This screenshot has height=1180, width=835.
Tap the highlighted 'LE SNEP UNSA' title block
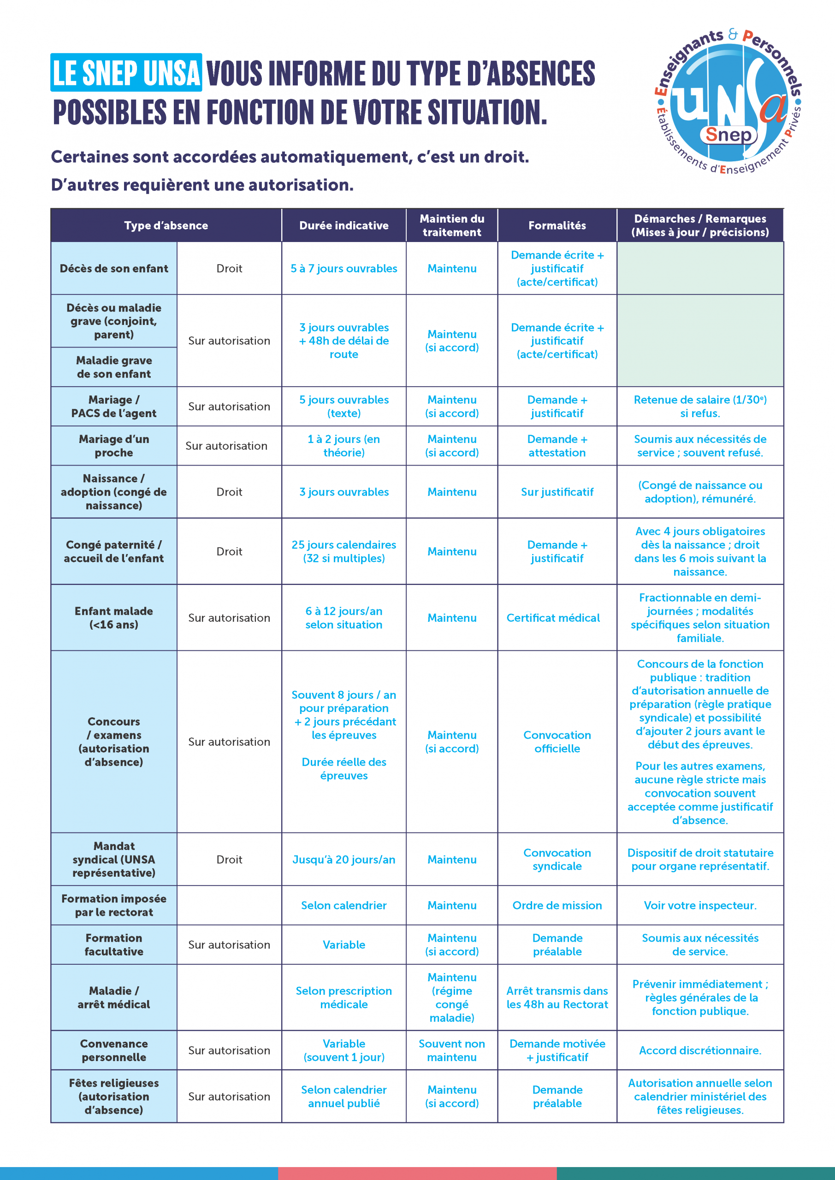[126, 72]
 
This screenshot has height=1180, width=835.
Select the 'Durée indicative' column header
[343, 225]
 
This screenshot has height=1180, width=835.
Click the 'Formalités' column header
[557, 225]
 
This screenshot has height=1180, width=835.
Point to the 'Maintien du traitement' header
[451, 225]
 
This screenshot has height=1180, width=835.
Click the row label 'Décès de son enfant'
[113, 268]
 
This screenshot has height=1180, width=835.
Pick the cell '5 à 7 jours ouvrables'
[343, 268]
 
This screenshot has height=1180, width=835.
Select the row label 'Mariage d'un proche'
[113, 446]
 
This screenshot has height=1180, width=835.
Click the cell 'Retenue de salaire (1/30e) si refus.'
[700, 406]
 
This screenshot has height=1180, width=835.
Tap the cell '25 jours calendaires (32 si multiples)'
[343, 551]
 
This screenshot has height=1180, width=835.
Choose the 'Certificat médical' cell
[553, 617]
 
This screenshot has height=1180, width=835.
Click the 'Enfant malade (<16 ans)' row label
[113, 617]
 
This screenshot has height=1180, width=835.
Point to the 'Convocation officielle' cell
[557, 741]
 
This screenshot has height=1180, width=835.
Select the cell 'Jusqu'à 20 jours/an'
[343, 859]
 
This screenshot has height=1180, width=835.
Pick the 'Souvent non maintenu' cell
[451, 1050]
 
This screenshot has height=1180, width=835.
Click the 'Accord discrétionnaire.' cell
[700, 1050]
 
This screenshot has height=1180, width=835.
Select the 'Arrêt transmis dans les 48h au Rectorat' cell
[557, 997]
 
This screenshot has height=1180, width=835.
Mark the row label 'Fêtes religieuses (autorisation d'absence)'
[113, 1096]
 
